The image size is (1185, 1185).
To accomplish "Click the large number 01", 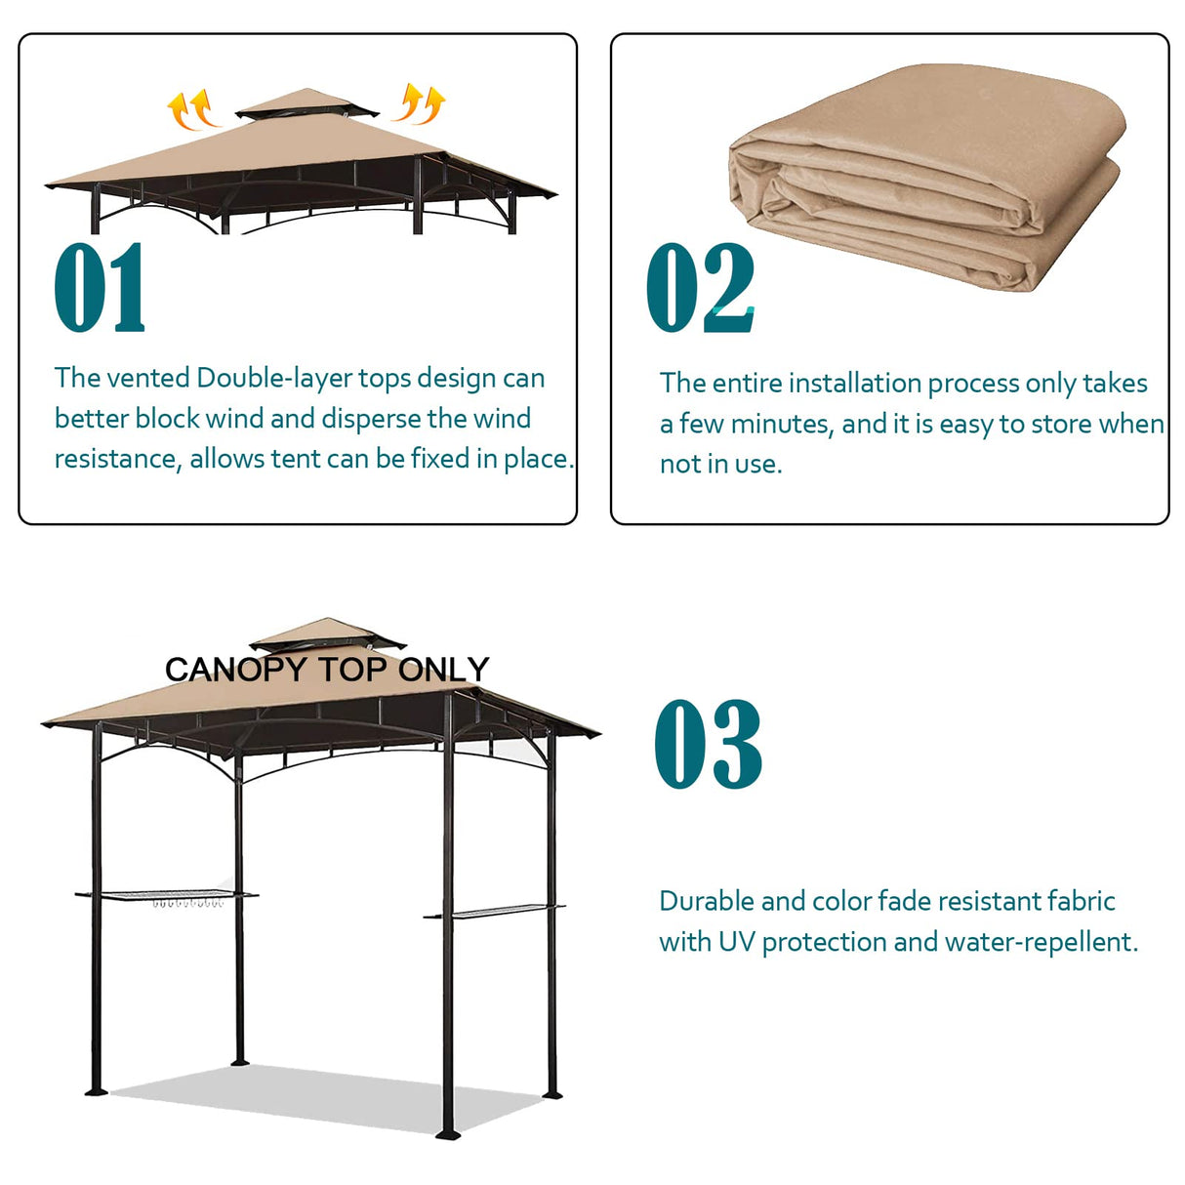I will point(100,289).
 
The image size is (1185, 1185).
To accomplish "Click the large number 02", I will point(700,289).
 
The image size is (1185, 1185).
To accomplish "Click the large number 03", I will point(708,745).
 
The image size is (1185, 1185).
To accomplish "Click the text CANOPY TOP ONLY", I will point(327,670).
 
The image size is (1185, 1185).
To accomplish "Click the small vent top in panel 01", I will point(307,103).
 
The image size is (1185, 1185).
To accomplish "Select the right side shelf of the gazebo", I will point(494,914).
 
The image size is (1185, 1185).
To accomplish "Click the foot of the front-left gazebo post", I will point(96,1088).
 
